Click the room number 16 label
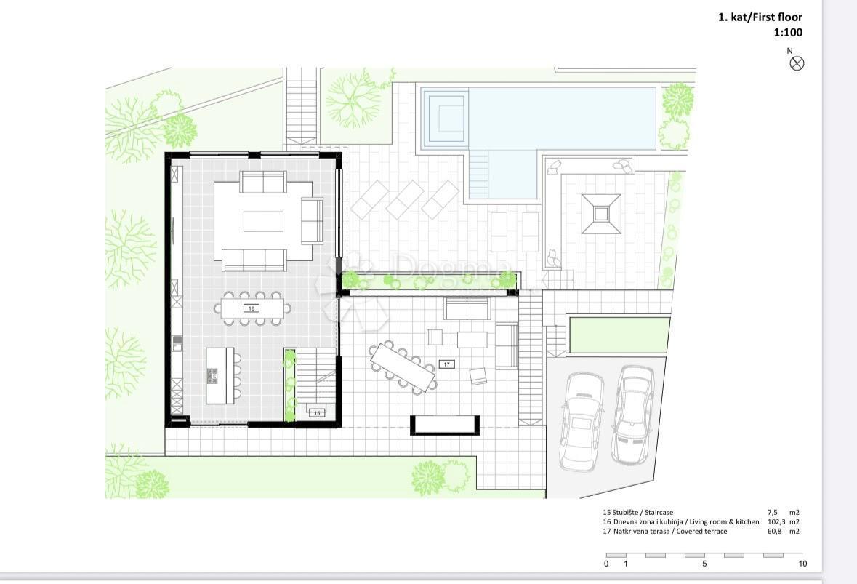tap(252, 308)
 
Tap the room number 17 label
tap(447, 364)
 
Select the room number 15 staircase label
tap(318, 413)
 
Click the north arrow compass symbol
tap(797, 63)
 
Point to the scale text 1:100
tap(788, 32)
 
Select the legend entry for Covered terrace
tap(665, 531)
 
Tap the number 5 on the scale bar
tap(704, 564)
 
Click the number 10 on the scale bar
tap(802, 564)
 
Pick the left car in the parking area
tap(582, 421)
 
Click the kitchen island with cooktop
tap(220, 376)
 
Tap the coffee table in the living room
tap(263, 222)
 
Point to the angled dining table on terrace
tap(403, 367)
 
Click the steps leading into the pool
tap(479, 175)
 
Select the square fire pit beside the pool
tap(601, 214)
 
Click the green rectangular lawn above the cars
tap(620, 335)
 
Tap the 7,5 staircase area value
tap(772, 513)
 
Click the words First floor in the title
tap(778, 17)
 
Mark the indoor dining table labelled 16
tap(252, 308)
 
